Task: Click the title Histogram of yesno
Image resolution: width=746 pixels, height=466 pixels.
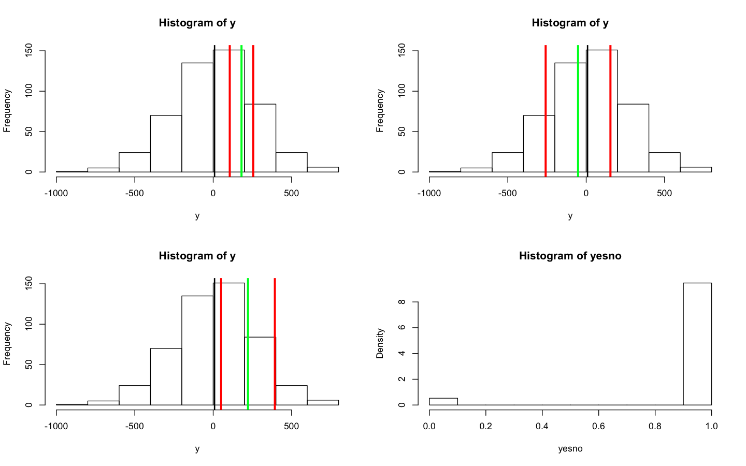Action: (x=570, y=256)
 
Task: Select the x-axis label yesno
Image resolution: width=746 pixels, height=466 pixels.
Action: (x=570, y=448)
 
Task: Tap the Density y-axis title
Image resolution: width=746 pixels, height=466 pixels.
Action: (x=380, y=343)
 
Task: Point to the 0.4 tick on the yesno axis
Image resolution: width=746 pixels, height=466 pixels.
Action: (x=542, y=426)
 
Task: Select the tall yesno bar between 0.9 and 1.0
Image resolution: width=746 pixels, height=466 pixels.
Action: (x=697, y=344)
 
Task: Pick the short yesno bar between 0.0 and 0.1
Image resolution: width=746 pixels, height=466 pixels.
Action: (x=443, y=401)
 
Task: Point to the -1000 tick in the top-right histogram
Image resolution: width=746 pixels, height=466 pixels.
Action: (x=429, y=193)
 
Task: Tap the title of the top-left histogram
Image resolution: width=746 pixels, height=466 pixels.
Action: (x=197, y=23)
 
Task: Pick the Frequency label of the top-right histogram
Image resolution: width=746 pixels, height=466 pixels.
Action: (x=380, y=111)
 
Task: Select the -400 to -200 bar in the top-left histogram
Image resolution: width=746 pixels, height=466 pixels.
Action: (x=166, y=143)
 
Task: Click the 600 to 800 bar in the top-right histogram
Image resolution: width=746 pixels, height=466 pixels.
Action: (x=695, y=169)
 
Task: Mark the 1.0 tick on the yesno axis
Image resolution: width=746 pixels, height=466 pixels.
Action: (x=711, y=426)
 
